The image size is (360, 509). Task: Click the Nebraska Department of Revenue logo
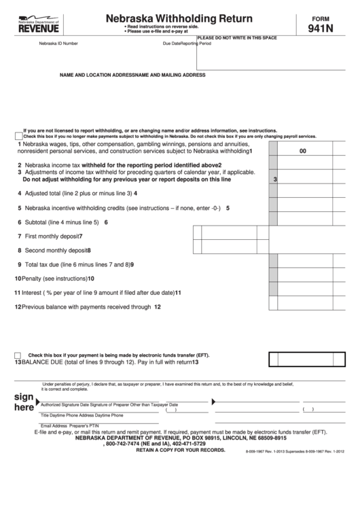tap(39, 24)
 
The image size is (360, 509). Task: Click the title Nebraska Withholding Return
tap(179, 18)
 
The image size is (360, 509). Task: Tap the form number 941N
tap(320, 29)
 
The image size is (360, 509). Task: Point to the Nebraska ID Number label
tap(58, 43)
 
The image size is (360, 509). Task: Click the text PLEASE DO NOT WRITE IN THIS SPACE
tap(237, 37)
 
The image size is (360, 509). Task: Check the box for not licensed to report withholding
tap(18, 134)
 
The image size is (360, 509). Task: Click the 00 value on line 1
tap(303, 152)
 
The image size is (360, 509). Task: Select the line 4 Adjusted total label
tap(77, 193)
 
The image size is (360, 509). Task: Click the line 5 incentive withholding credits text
tap(122, 208)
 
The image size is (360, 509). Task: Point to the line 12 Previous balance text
tap(86, 306)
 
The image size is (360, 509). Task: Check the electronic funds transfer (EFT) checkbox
tap(18, 355)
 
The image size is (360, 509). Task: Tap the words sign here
tap(24, 402)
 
